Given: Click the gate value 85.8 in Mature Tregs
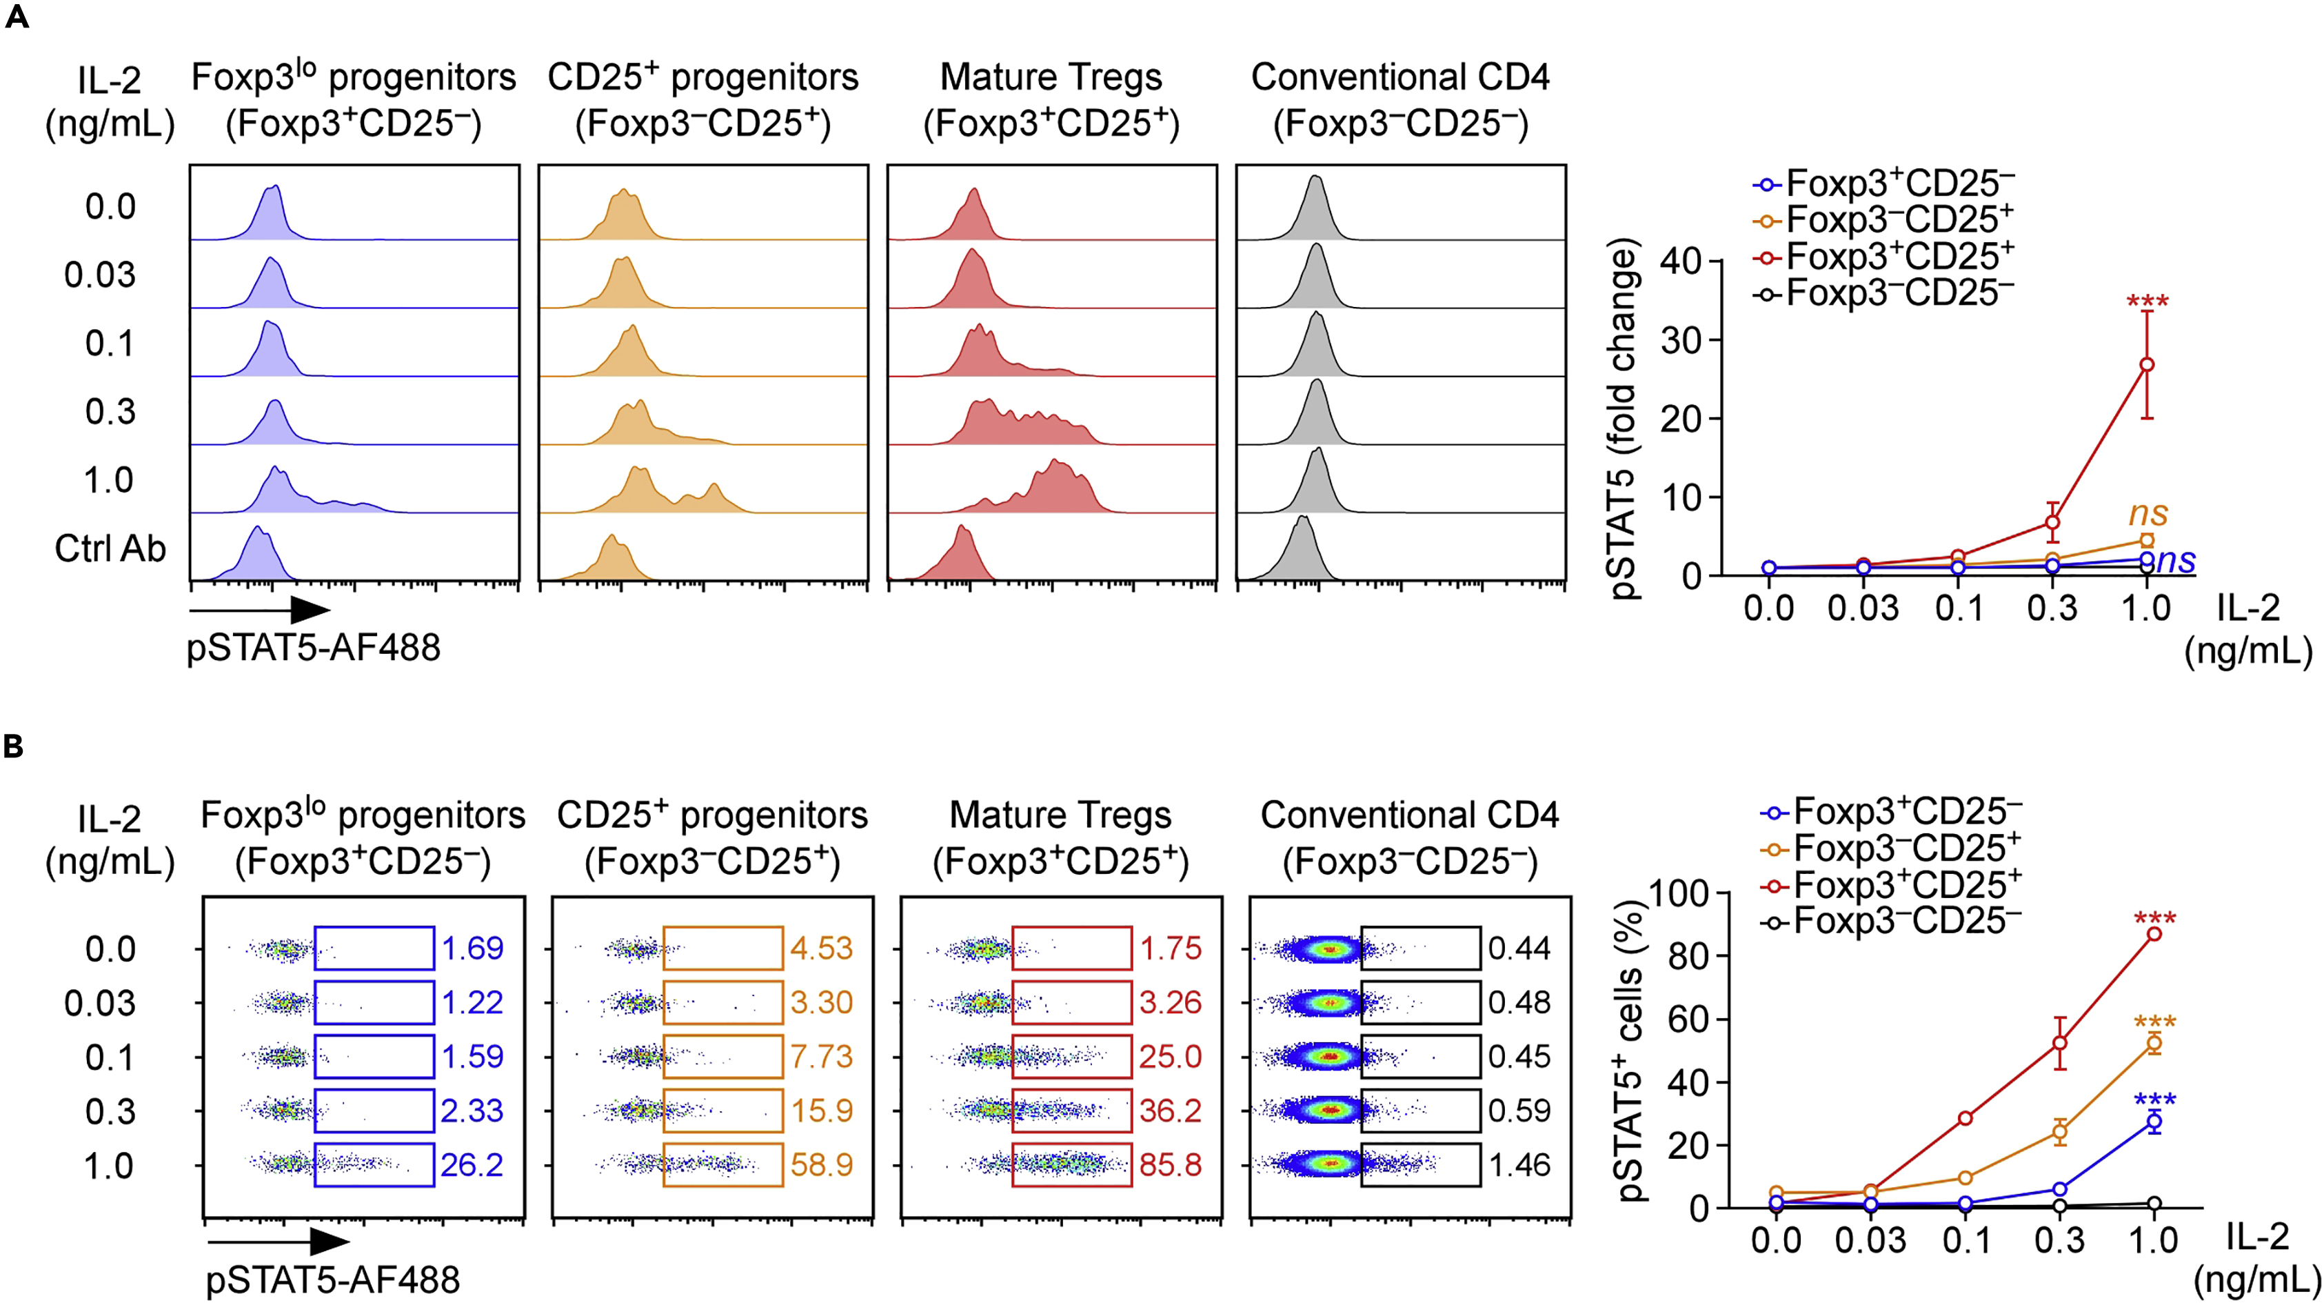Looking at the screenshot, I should click(x=1170, y=1165).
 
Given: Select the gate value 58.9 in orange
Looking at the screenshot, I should click(x=821, y=1165).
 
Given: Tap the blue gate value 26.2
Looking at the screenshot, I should click(x=472, y=1165).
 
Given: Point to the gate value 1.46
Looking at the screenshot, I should click(x=1519, y=1165).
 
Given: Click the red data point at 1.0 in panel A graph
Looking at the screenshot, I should click(x=2148, y=365).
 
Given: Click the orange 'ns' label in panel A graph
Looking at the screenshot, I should click(x=2148, y=513).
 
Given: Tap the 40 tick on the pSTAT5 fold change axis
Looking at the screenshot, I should click(x=1680, y=261).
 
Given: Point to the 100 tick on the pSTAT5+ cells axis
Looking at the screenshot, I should click(x=1680, y=893).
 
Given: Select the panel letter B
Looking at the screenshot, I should click(x=14, y=746).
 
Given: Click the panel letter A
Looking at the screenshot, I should click(x=17, y=17).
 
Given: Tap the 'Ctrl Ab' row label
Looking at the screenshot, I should click(x=110, y=548).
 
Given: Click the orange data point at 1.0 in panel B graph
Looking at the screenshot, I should click(x=2154, y=1043).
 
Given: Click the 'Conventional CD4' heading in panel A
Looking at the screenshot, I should click(x=1400, y=78).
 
